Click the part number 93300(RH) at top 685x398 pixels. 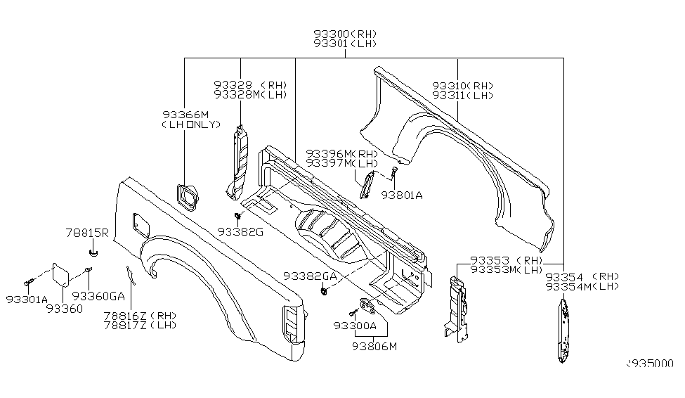point(344,33)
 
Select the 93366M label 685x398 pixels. point(185,115)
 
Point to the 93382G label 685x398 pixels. point(240,231)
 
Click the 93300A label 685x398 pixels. point(355,326)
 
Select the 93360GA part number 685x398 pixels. point(98,296)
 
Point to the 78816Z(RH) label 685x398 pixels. point(141,315)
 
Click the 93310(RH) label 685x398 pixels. point(462,86)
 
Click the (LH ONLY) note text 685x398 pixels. point(190,124)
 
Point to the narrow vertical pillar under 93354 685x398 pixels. point(562,330)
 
